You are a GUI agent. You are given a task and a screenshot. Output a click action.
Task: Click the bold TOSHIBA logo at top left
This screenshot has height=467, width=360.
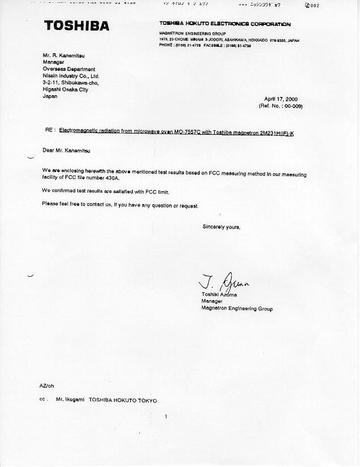tap(76, 25)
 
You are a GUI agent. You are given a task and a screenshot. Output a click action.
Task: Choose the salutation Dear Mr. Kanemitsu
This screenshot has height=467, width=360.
tap(66, 151)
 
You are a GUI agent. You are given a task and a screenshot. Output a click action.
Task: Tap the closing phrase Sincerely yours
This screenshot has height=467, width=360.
tap(221, 227)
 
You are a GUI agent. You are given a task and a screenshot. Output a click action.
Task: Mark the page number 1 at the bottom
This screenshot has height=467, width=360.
tap(166, 417)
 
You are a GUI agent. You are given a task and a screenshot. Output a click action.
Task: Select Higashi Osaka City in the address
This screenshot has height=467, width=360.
tap(65, 89)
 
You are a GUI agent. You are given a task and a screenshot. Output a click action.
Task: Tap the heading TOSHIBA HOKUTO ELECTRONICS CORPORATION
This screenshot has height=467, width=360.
tap(225, 24)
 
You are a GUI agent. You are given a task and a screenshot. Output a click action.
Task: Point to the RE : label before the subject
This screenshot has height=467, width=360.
tap(50, 130)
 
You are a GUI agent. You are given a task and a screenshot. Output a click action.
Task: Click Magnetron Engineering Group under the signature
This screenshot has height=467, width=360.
tap(237, 309)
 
